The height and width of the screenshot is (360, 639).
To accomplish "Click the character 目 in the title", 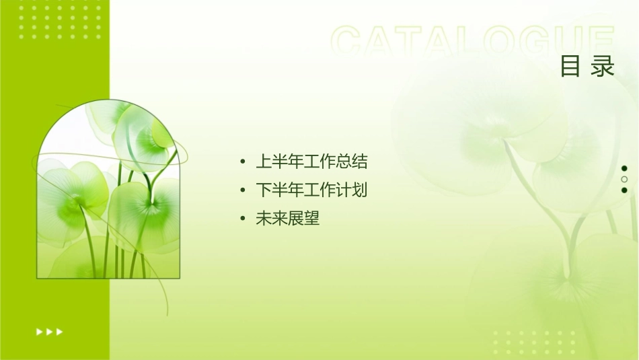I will pos(570,67).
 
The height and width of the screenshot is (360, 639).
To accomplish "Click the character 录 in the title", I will pos(603,67).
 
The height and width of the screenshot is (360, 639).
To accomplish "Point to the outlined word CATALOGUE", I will pos(473,41).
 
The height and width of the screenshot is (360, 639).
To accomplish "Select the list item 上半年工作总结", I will pos(311,161).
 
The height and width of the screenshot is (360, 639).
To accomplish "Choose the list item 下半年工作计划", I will pos(311,190).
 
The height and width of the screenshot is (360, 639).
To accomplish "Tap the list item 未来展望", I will pos(287,219).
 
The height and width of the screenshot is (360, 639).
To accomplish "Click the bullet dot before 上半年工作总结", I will pos(243,162).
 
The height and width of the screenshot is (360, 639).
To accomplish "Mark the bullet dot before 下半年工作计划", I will pos(243,191).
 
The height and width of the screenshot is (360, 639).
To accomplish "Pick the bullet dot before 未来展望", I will pos(243,219).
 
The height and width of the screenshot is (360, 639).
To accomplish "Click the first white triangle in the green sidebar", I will pos(39,331).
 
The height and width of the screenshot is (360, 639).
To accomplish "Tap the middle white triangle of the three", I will pos(49,331).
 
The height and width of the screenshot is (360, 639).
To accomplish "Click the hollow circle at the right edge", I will pos(624,179).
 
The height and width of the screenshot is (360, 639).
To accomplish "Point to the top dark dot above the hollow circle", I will pos(624,168).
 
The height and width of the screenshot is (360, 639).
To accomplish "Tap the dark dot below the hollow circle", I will pos(624,190).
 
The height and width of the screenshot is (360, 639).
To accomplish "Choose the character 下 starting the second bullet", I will pos(263,190).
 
